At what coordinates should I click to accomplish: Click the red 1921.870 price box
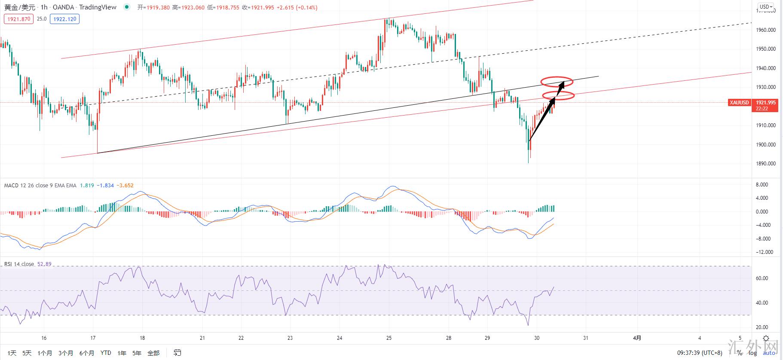(19, 19)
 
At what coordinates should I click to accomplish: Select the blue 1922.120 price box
(64, 19)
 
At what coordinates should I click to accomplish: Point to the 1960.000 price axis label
(766, 30)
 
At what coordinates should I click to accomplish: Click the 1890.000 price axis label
(766, 164)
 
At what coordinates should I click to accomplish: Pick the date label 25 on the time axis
(389, 338)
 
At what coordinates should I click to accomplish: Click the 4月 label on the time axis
(637, 338)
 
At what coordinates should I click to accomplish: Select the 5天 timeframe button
(27, 353)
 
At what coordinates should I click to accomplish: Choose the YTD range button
(106, 353)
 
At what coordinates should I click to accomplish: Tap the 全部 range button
(153, 353)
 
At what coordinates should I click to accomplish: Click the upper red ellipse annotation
(557, 81)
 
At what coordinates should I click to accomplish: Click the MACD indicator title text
(40, 186)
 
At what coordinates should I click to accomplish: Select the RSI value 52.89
(44, 264)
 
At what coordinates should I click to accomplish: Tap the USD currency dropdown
(766, 6)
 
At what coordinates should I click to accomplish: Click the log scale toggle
(752, 353)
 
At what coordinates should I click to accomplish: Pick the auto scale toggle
(769, 353)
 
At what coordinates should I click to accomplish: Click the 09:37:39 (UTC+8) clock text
(700, 353)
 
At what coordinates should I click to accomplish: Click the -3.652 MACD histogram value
(125, 186)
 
